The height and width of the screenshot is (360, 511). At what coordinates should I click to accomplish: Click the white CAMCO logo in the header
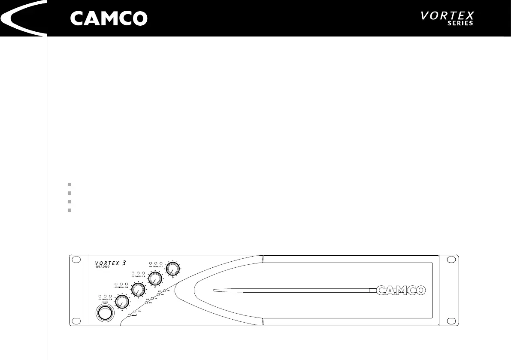point(109,18)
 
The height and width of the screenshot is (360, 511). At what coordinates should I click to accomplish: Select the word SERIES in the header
point(460,24)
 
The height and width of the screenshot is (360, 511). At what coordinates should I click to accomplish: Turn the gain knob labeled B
point(138,290)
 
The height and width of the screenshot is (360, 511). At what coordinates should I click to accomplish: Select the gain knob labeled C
point(155,279)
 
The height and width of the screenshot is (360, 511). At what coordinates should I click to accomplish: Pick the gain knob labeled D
point(172,269)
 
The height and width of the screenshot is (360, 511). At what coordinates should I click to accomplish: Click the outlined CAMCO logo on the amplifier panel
point(401,290)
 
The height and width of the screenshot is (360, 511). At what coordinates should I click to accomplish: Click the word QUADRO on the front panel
point(103,266)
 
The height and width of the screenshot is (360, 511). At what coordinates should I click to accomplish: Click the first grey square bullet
point(69,185)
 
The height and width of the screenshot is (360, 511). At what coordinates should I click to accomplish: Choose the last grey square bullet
point(69,210)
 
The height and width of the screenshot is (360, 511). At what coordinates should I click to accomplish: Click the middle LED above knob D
point(155,262)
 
